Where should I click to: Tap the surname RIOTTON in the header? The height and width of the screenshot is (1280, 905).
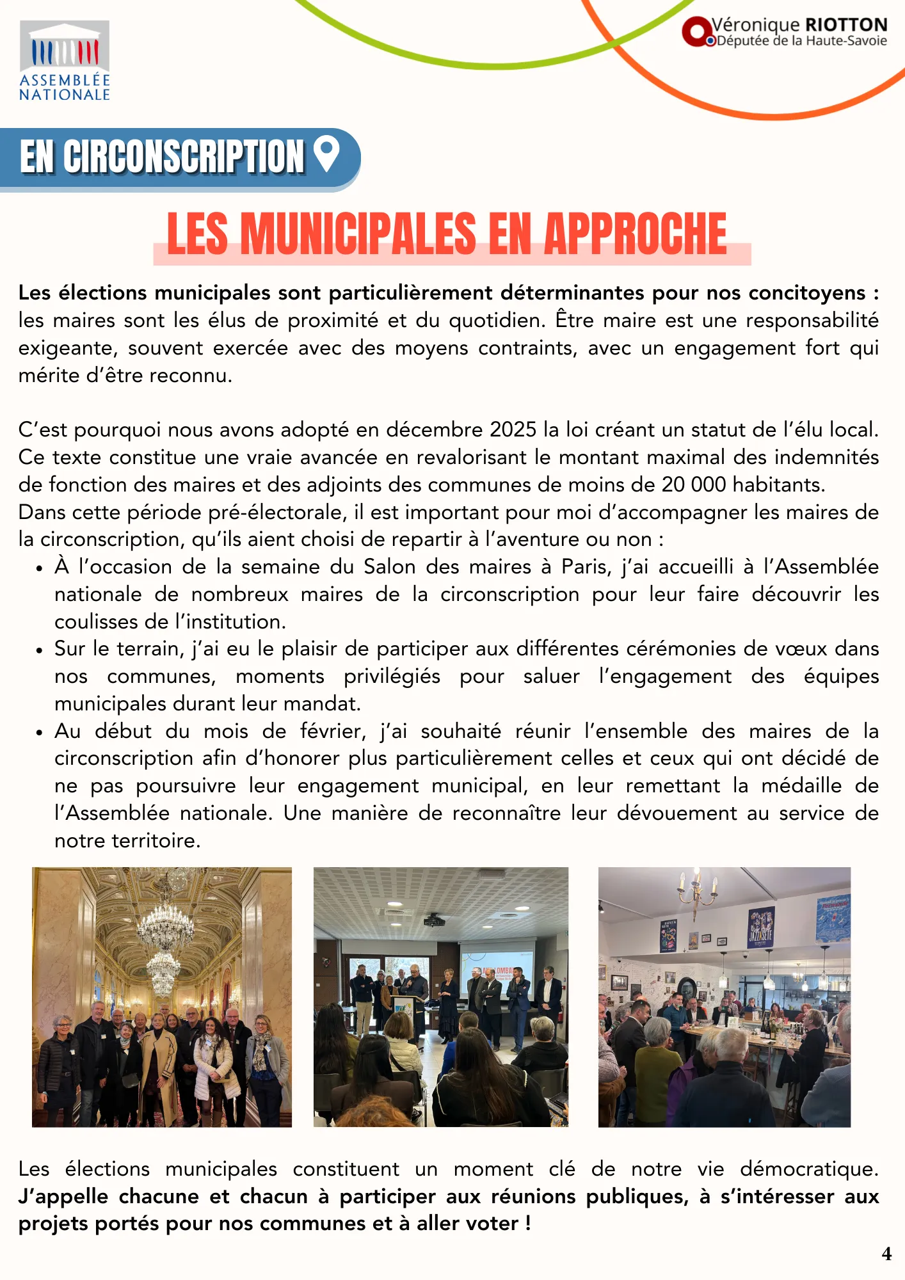pos(846,25)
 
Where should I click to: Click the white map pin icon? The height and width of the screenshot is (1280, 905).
pos(327,154)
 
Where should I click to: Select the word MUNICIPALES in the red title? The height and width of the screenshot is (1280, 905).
pos(358,234)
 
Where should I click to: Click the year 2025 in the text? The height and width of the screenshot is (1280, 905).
pos(513,429)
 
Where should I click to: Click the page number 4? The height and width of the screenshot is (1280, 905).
pos(886,1254)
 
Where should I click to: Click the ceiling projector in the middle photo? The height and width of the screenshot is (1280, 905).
pos(435,921)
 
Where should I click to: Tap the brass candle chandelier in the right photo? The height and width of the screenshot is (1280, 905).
pos(697,890)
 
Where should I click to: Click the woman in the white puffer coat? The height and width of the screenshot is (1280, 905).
pos(213,1062)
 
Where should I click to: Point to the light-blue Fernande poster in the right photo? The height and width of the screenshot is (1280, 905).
pos(833,918)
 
